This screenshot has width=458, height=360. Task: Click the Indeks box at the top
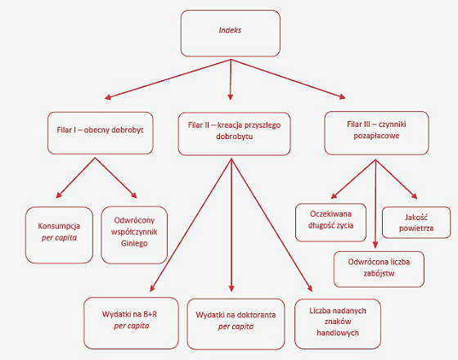coord(230,33)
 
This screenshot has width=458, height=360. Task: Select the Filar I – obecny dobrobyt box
coord(100,133)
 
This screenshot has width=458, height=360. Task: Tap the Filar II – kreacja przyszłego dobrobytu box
coord(234,133)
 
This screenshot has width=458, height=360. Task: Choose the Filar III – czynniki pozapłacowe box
coord(376,133)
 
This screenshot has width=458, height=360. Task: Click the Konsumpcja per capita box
coord(59,235)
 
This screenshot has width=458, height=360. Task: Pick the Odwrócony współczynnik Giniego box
coord(134,235)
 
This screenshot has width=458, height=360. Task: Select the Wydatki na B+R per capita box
coord(131,323)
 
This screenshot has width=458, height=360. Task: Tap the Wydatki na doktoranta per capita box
coord(236,324)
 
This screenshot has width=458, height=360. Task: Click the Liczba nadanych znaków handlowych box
coord(338,324)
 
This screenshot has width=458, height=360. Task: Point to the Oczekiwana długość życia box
coord(330,223)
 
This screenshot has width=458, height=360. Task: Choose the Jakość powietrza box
coord(416,223)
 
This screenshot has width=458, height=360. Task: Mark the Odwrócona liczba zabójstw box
coord(379,269)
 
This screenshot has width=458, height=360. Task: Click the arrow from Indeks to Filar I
coord(168,79)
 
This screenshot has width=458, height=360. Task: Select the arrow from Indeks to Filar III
coord(288,79)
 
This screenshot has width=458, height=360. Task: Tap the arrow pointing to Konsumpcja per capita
coord(75,178)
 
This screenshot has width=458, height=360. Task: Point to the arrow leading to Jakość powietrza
coord(397,179)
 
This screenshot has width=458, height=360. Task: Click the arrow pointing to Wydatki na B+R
coord(191,225)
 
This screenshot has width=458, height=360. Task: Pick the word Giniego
coord(134,243)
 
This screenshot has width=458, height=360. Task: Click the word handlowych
coord(338,333)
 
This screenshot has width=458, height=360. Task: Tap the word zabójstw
coord(379,273)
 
